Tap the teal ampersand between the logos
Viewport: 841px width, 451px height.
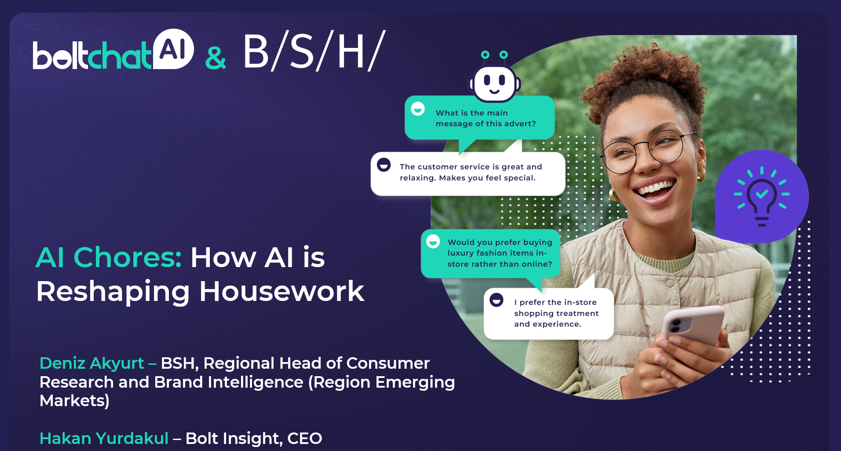pyautogui.click(x=216, y=58)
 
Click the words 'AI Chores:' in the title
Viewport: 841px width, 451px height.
pyautogui.click(x=109, y=257)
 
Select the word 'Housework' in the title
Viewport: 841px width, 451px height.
pyautogui.click(x=282, y=291)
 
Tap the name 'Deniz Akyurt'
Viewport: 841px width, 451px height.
pyautogui.click(x=91, y=363)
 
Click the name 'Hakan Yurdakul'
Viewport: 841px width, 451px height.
pyautogui.click(x=104, y=439)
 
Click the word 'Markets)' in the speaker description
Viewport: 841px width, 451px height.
pyautogui.click(x=74, y=401)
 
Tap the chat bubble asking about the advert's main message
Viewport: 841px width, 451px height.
pyautogui.click(x=479, y=118)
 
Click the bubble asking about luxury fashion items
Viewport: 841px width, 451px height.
pyautogui.click(x=490, y=253)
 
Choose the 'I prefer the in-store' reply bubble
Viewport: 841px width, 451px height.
pyautogui.click(x=549, y=313)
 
